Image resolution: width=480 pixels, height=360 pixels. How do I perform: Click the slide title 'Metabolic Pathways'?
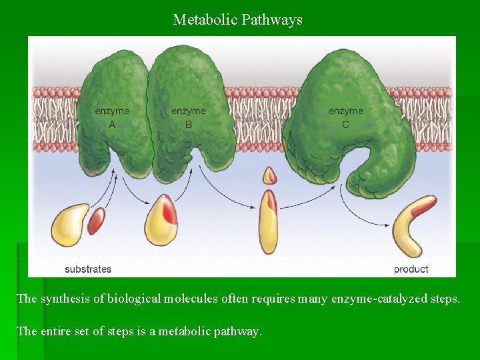(x=237, y=20)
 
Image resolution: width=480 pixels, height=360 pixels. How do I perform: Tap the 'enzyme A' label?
(x=112, y=117)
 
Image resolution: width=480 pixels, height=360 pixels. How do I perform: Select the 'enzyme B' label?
(x=189, y=117)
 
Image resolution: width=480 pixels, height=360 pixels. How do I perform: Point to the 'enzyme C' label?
(x=345, y=117)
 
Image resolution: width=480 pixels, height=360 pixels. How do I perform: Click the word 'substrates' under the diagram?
(x=88, y=269)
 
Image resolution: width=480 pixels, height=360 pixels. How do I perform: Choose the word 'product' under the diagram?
(x=411, y=269)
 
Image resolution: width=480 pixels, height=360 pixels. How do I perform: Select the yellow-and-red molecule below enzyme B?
(x=161, y=220)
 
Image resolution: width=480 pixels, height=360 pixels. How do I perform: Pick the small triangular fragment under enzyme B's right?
(x=269, y=176)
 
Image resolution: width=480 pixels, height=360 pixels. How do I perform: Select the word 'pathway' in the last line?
(x=239, y=331)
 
